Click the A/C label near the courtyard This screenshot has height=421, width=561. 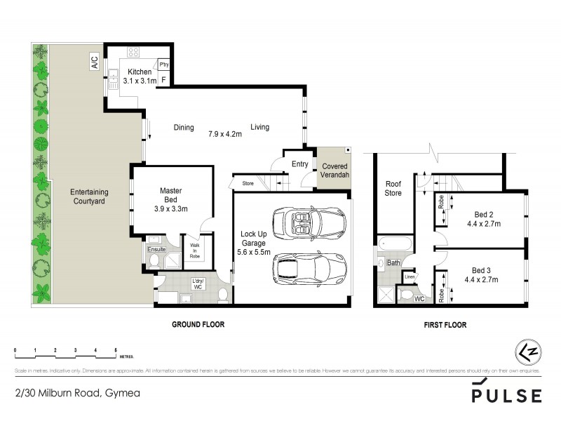(x=95, y=62)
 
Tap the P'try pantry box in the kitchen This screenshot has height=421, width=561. (x=164, y=65)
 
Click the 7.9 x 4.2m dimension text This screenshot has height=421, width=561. (x=225, y=133)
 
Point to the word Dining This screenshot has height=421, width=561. (x=184, y=128)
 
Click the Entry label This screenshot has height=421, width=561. (x=299, y=164)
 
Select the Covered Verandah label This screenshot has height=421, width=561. (x=334, y=171)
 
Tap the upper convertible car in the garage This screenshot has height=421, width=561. (x=309, y=223)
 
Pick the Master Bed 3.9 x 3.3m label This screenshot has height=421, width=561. (x=170, y=199)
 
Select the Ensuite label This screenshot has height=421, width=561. (x=156, y=248)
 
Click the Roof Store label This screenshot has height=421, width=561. (x=393, y=188)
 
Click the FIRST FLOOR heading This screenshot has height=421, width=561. (x=445, y=326)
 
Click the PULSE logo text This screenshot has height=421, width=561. (x=506, y=395)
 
